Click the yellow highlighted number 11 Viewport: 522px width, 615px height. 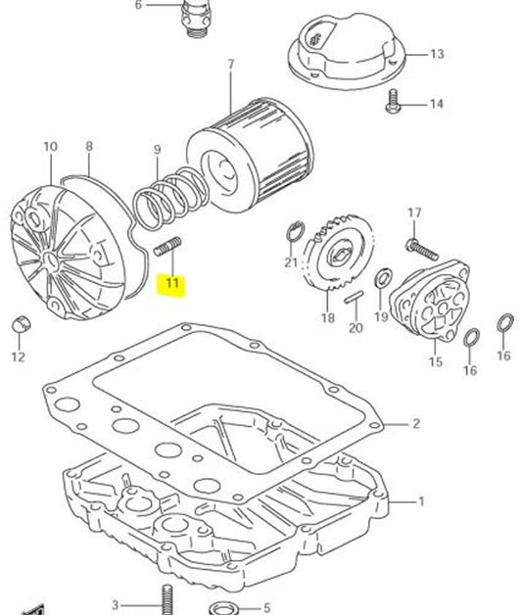click(x=172, y=285)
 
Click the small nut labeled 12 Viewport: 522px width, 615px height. click(x=19, y=324)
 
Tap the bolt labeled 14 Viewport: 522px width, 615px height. click(x=395, y=100)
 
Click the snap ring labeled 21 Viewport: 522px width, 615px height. click(x=292, y=232)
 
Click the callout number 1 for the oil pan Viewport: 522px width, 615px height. click(x=421, y=502)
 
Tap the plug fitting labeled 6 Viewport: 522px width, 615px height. click(x=194, y=17)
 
